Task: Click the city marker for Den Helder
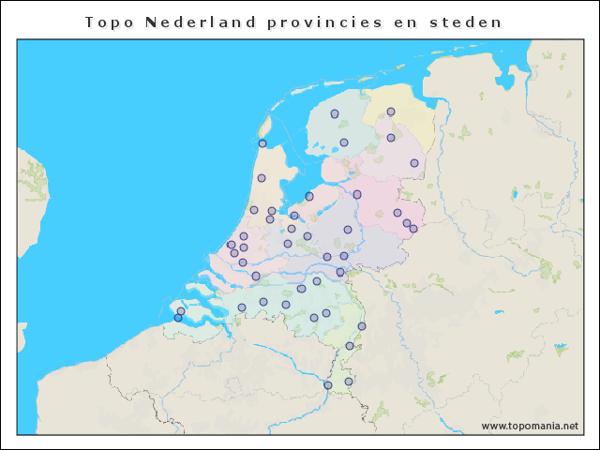click(x=262, y=143)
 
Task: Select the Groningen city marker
click(x=391, y=112)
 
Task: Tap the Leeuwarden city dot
click(x=335, y=113)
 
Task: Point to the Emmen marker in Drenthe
click(x=414, y=163)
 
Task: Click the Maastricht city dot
click(x=328, y=385)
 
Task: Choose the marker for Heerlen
click(x=349, y=382)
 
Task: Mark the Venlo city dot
click(x=362, y=326)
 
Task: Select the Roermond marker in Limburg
click(x=350, y=346)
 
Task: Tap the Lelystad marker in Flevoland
click(x=309, y=196)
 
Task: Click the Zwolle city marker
click(x=357, y=194)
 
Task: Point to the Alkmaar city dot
click(x=262, y=178)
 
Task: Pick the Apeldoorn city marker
click(x=348, y=230)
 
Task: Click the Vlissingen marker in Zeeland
click(x=178, y=318)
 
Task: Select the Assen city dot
click(x=391, y=138)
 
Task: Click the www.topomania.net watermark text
click(x=530, y=426)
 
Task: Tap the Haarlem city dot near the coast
click(x=254, y=210)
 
